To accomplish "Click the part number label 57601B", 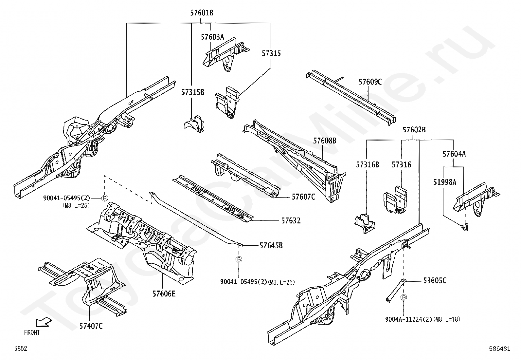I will [x=202, y=13].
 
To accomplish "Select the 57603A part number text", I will [x=212, y=37].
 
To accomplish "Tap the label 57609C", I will [x=370, y=82].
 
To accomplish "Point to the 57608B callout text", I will [x=325, y=141].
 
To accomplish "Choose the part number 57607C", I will [x=303, y=197].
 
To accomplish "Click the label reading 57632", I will [x=291, y=221].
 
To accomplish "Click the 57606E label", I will [x=164, y=294].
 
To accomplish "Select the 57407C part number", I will [x=91, y=326].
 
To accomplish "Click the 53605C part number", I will [x=435, y=280].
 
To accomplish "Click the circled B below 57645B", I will [x=239, y=259].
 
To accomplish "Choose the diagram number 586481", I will [x=499, y=349].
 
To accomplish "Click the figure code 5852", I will [x=20, y=349].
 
